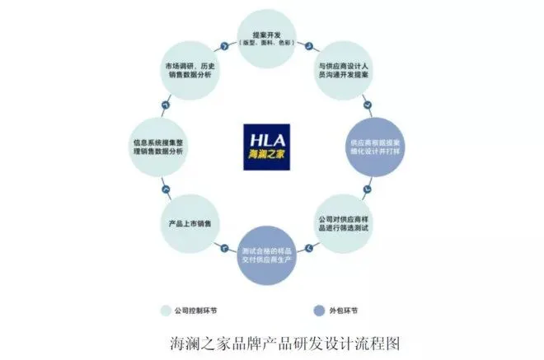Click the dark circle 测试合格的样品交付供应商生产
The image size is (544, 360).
[x=271, y=254]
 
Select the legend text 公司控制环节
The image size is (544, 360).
[x=197, y=311]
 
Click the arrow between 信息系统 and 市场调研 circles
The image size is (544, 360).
[x=166, y=104]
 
